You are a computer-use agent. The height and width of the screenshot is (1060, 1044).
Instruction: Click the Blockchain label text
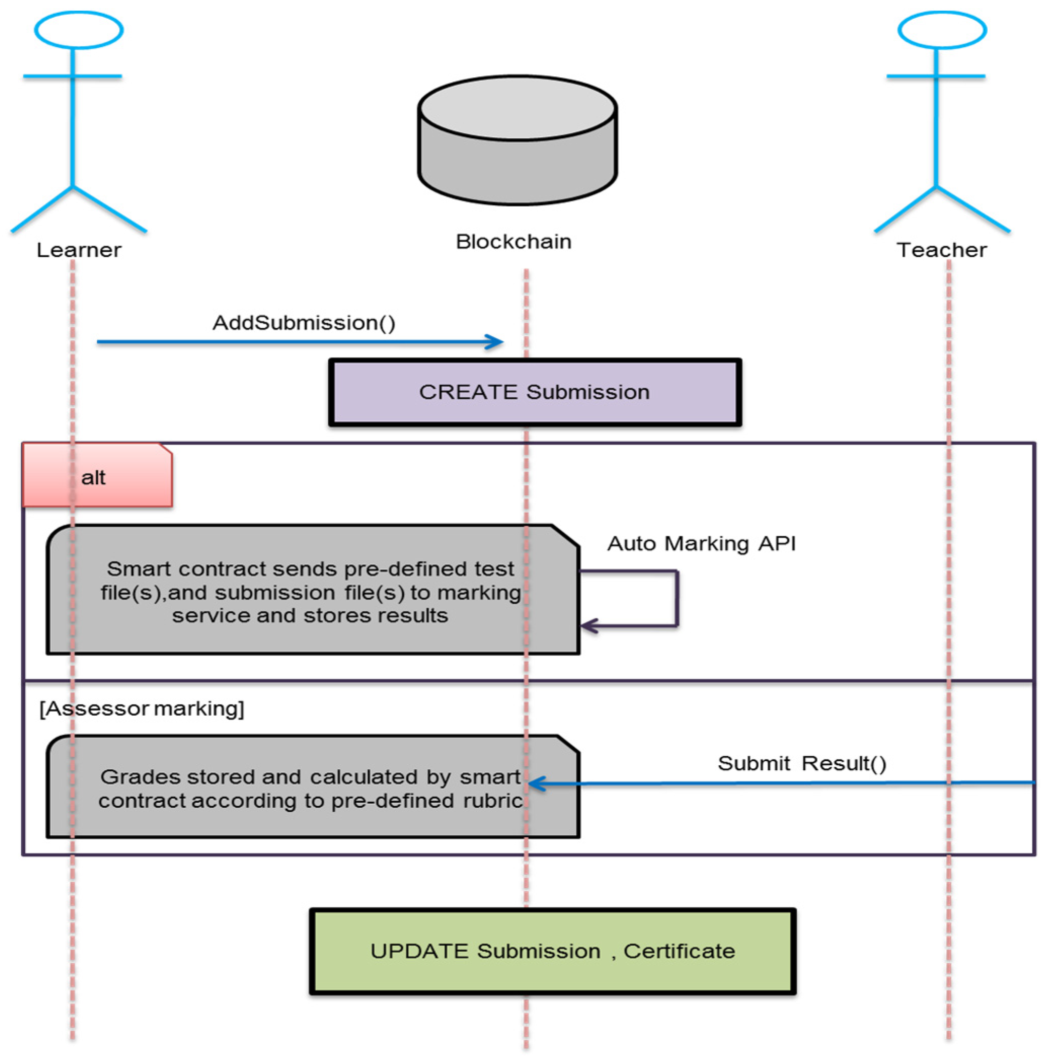513,242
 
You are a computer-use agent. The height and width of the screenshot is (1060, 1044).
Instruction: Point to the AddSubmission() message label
304,323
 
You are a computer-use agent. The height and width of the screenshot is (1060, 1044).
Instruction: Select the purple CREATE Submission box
534,392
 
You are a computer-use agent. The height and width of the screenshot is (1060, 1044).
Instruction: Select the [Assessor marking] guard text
141,709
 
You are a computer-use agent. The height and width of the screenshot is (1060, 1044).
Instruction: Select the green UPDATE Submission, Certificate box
552,952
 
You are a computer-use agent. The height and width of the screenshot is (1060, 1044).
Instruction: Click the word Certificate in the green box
679,952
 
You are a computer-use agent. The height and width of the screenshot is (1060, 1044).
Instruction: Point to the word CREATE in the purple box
468,392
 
